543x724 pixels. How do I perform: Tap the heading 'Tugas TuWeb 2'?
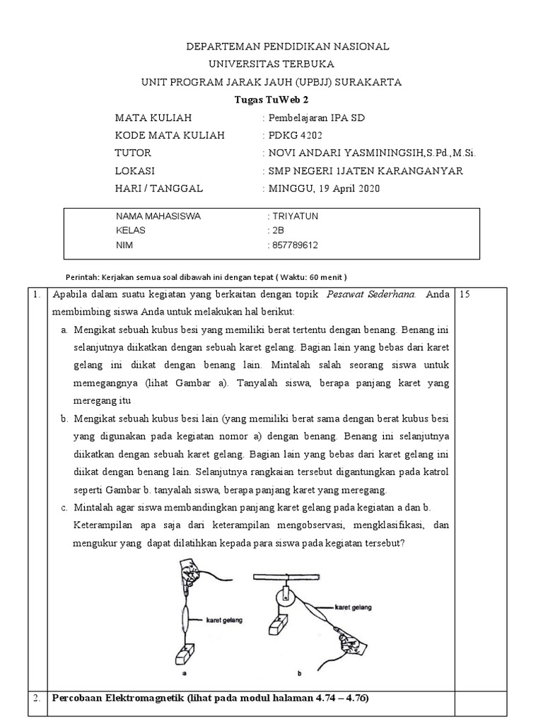pos(271,100)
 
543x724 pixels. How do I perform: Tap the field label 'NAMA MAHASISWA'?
pos(158,216)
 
